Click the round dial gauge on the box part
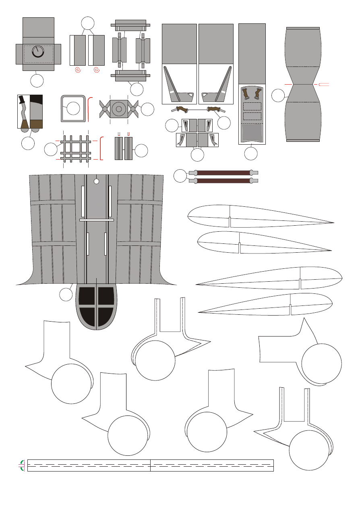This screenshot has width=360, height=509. point(38,52)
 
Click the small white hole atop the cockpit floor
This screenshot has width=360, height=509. point(96,181)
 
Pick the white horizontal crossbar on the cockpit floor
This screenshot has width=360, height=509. point(97,220)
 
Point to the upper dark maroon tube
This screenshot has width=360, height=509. point(223,172)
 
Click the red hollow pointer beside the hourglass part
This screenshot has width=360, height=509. point(324,84)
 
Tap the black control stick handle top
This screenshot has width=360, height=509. point(22,99)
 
